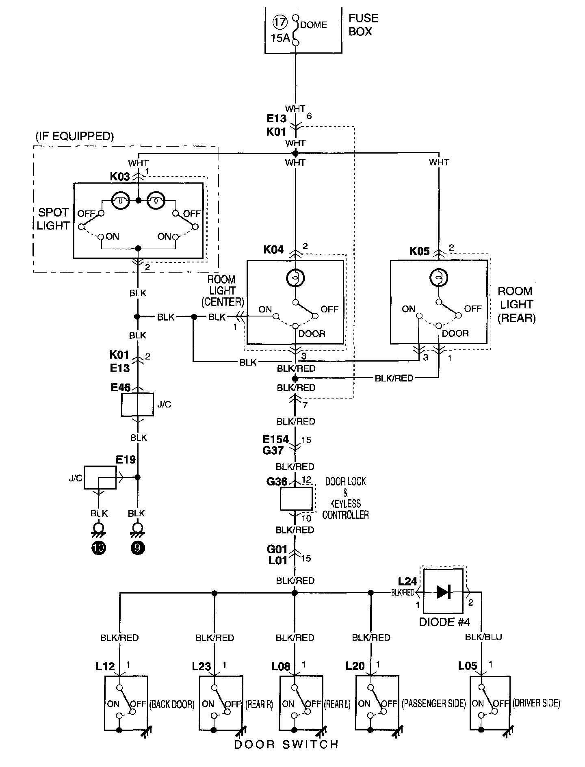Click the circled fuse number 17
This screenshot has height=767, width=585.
(x=279, y=22)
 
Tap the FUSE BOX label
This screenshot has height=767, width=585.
(x=364, y=25)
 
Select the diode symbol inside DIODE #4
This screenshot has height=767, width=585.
(x=443, y=592)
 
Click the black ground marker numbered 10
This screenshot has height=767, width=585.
(x=99, y=548)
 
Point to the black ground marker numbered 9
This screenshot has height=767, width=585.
(x=138, y=548)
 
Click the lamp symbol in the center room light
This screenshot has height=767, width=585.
(x=296, y=278)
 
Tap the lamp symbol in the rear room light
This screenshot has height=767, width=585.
(x=439, y=278)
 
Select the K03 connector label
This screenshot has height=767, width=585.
(x=120, y=177)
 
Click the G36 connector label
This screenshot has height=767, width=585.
(x=277, y=482)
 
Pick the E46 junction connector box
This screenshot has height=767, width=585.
(x=138, y=405)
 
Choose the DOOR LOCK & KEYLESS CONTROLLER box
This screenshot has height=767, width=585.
(x=296, y=498)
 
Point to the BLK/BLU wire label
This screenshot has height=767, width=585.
(x=483, y=637)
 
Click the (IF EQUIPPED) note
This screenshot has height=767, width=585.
(x=74, y=136)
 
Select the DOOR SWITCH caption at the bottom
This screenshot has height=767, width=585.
(x=286, y=744)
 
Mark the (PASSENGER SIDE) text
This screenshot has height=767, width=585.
(x=434, y=703)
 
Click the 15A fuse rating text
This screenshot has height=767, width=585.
(x=281, y=38)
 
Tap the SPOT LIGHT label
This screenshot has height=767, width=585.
(x=53, y=219)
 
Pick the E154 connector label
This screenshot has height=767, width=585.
(x=276, y=439)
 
